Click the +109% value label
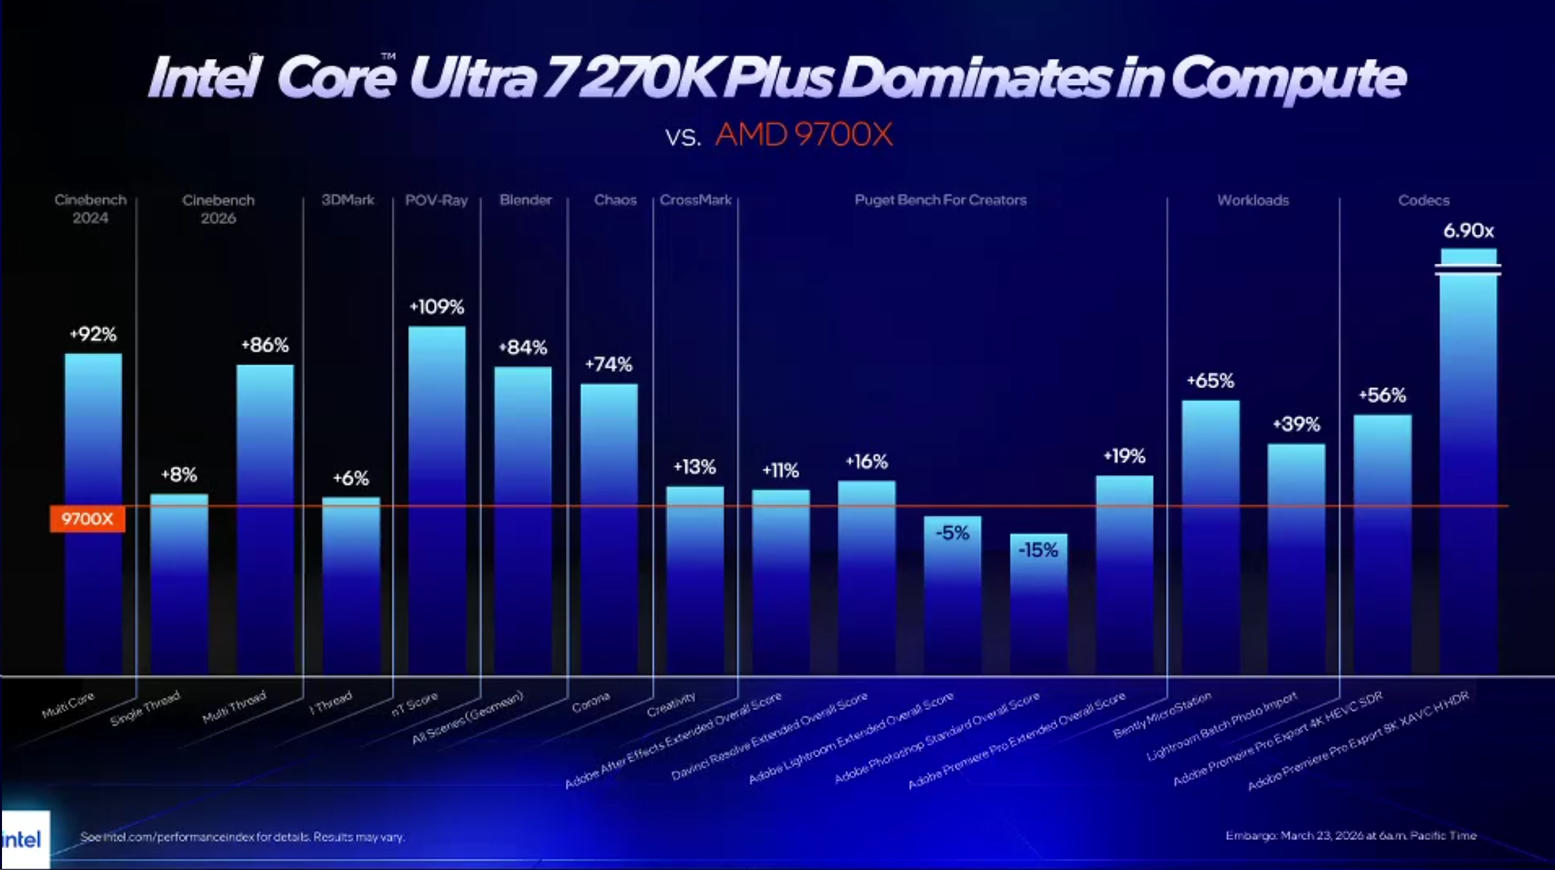tap(437, 307)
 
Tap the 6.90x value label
tap(1468, 231)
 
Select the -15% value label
tap(1038, 550)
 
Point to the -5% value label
tap(952, 533)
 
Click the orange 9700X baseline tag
tap(87, 519)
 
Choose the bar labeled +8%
tap(179, 582)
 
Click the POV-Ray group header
tap(436, 200)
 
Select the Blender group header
tap(526, 200)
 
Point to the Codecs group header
tap(1423, 200)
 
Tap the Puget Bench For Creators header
tap(940, 200)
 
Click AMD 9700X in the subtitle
tap(804, 135)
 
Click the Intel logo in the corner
tap(24, 839)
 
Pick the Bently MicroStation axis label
tap(1162, 715)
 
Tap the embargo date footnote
tap(1351, 835)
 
